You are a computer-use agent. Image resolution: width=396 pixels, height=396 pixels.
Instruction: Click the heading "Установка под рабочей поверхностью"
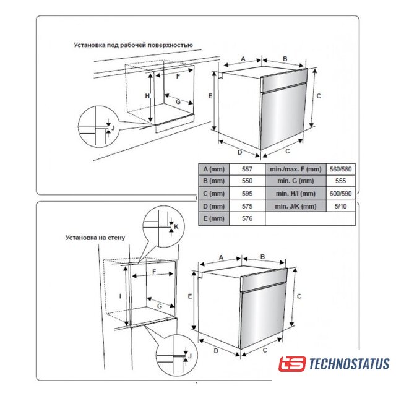tap(133, 45)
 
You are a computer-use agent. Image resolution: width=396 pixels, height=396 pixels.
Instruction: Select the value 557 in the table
tap(247, 169)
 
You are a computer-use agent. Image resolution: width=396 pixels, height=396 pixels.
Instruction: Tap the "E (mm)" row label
tap(213, 218)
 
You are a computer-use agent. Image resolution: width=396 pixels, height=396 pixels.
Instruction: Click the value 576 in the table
tap(247, 218)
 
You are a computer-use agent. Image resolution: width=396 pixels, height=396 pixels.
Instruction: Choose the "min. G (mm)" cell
tap(295, 181)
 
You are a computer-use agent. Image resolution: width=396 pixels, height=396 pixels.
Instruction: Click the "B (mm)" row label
tap(213, 181)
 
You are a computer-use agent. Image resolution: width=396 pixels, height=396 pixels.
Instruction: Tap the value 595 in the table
tap(247, 194)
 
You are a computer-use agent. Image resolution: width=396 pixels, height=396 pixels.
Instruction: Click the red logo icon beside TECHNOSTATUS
tap(292, 364)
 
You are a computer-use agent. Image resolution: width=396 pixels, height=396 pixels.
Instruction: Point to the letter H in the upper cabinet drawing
tap(147, 97)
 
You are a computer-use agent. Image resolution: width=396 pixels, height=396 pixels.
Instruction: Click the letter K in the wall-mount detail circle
tap(176, 227)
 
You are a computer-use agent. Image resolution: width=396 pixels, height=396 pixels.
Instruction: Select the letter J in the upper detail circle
tap(112, 127)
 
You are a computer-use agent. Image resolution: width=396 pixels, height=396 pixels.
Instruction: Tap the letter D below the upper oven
tap(239, 151)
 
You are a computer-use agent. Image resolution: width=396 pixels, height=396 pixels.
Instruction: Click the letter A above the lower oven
tap(221, 256)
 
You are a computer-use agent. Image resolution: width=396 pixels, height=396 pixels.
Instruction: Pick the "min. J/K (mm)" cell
tap(295, 206)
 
